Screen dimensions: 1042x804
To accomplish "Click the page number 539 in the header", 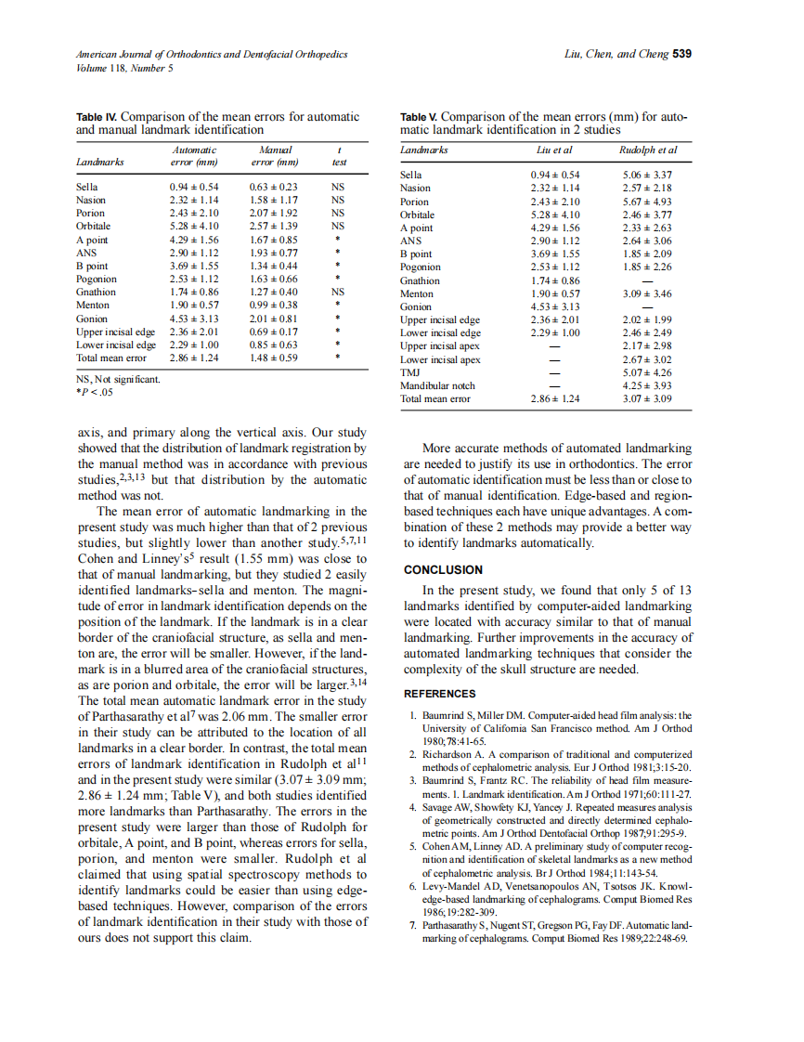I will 681,53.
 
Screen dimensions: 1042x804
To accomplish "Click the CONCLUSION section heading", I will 443,570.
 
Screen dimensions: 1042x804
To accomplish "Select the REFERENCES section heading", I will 440,694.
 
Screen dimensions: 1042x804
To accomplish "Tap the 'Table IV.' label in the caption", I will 97,117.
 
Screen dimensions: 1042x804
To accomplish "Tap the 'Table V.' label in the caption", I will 418,117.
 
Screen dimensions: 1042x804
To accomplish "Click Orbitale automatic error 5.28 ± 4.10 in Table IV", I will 193,226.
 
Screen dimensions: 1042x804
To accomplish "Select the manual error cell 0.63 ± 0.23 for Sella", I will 274,187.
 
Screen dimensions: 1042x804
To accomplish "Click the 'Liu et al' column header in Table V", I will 554,150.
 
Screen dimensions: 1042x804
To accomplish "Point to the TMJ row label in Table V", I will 409,372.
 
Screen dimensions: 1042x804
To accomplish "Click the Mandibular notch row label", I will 436,385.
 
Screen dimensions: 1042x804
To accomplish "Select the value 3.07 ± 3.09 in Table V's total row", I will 648,399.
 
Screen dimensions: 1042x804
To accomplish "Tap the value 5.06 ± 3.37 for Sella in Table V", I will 648,175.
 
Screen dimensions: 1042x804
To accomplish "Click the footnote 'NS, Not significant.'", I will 117,379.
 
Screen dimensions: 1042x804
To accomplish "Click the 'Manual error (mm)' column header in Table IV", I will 274,155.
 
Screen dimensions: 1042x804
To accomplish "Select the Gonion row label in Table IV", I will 92,319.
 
